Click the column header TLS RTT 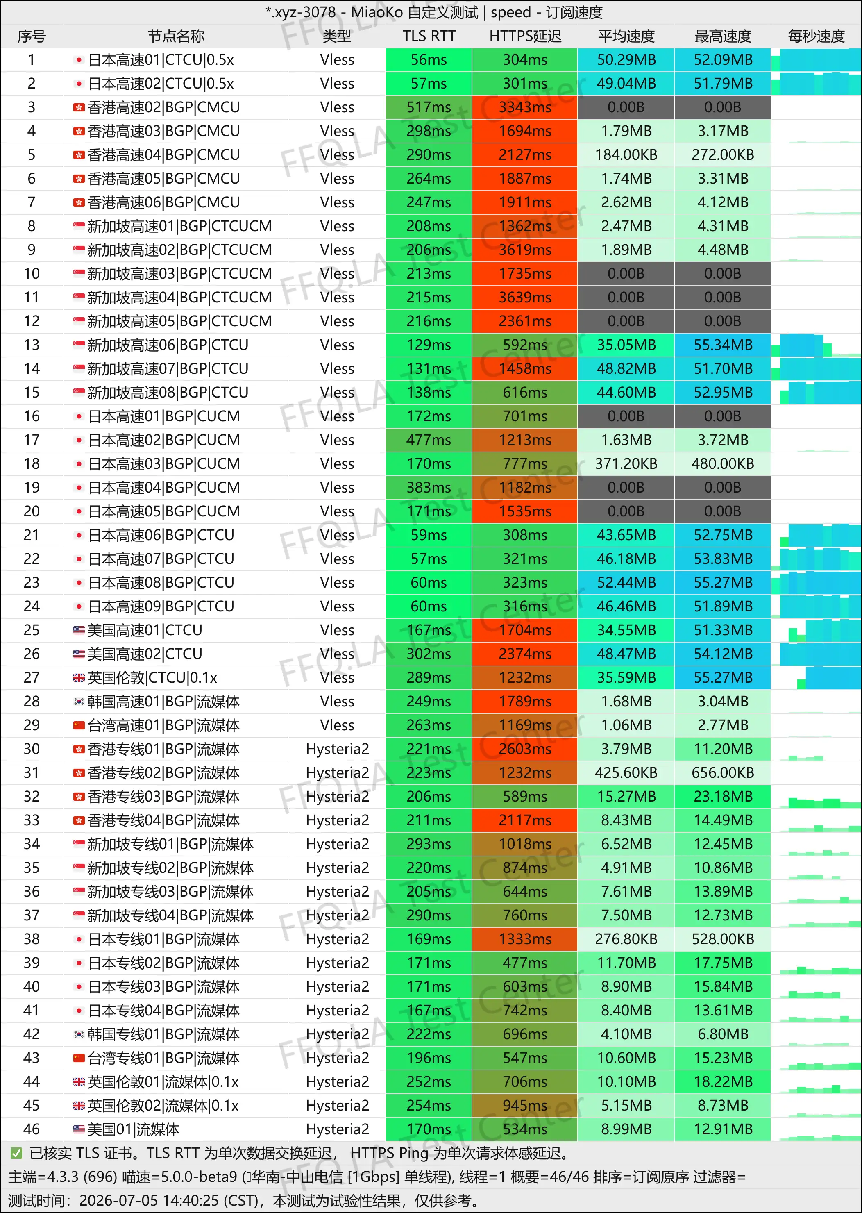coord(429,36)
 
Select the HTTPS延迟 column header coord(525,36)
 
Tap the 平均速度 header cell coord(626,36)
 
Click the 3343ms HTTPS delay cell coord(525,107)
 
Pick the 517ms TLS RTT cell coord(429,107)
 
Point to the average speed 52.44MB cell coord(626,582)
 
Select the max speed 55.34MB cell coord(723,345)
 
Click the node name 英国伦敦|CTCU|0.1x coord(152,678)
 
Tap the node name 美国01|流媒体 coord(133,1129)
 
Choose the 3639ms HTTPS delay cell coord(525,297)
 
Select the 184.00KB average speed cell coord(626,154)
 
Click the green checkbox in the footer coord(16,1153)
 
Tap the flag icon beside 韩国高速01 coord(79,701)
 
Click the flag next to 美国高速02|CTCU coord(79,654)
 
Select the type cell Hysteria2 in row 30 coord(337,749)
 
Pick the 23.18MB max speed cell coord(723,796)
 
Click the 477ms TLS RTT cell coord(429,440)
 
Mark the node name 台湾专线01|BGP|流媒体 coord(163,1058)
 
